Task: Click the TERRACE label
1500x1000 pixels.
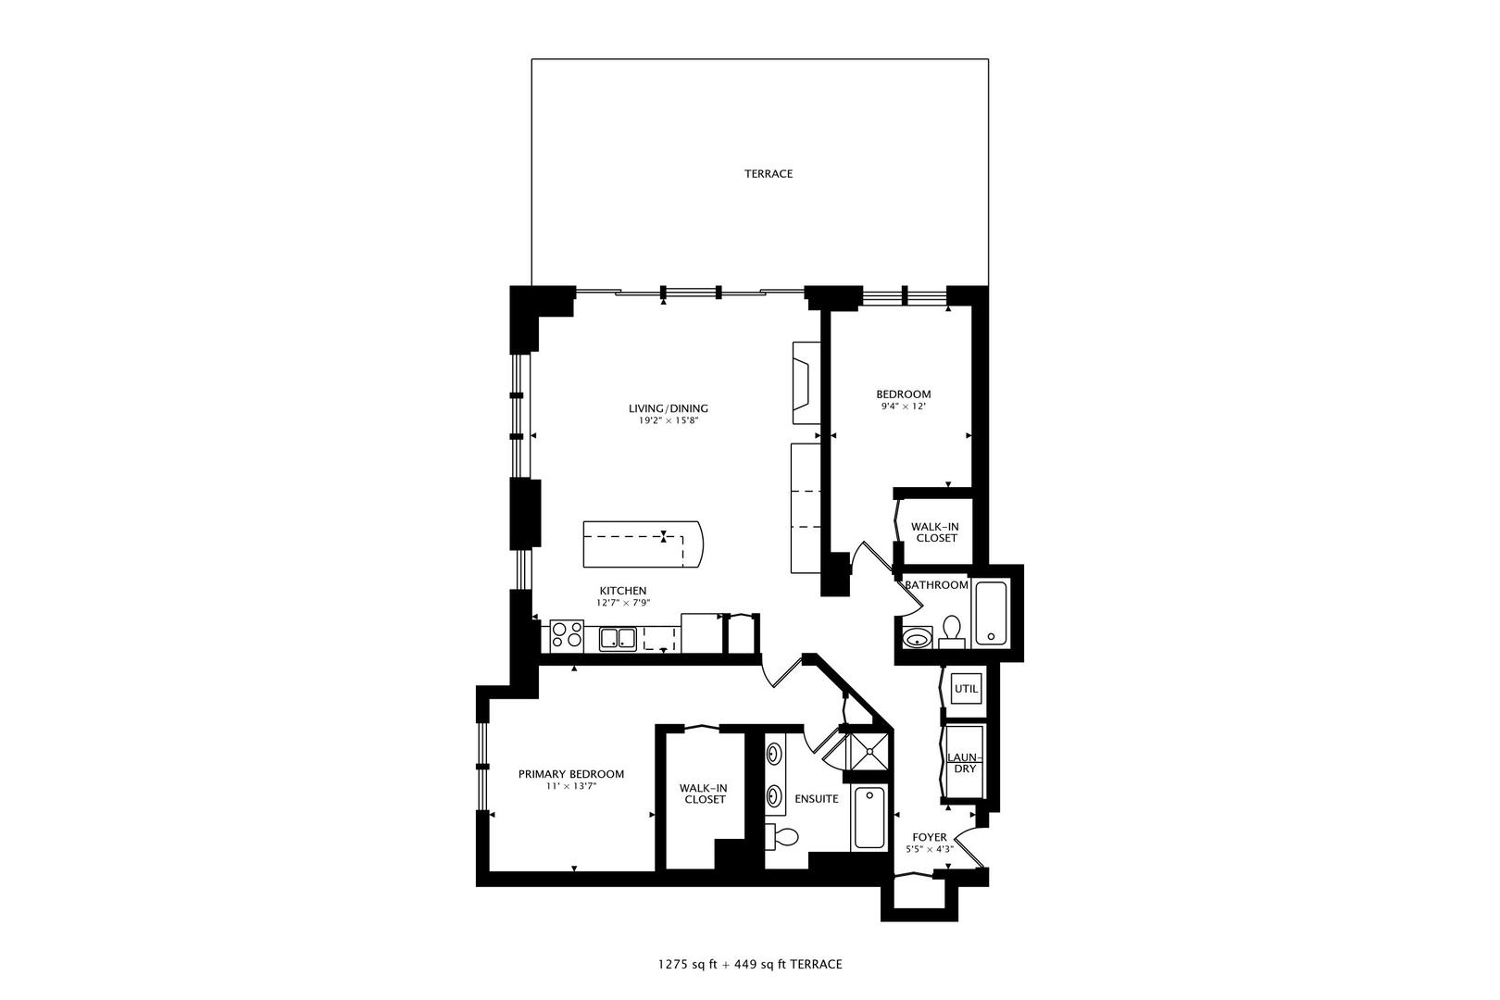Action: (769, 174)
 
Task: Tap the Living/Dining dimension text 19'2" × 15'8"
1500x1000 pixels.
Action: (668, 420)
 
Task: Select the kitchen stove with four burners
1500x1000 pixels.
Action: (567, 635)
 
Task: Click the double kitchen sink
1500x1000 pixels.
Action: (617, 638)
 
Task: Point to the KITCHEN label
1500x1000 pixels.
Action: (623, 591)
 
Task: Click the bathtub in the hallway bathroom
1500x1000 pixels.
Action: (991, 612)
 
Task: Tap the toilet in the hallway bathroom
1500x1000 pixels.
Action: (950, 632)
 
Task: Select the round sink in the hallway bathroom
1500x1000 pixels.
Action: (917, 638)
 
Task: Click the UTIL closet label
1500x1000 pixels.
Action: (966, 689)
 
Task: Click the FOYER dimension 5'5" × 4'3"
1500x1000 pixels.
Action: (930, 848)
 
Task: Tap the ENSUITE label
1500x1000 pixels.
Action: (817, 798)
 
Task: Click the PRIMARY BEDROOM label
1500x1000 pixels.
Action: (570, 774)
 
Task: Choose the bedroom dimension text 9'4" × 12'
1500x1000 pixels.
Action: (903, 406)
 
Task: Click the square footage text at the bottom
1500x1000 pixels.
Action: (750, 965)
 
